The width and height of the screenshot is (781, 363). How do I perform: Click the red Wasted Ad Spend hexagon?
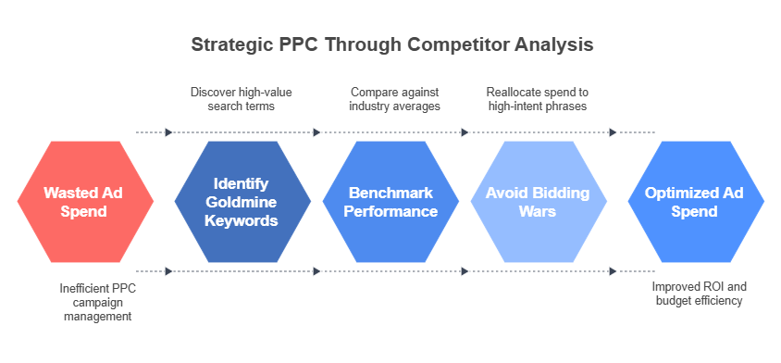(x=84, y=202)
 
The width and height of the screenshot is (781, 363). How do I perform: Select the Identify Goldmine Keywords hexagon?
(x=241, y=202)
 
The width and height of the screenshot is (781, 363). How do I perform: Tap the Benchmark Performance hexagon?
(x=392, y=202)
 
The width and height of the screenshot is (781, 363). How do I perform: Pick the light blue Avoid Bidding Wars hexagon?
(x=539, y=202)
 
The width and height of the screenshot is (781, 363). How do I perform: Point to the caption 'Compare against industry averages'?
(x=393, y=99)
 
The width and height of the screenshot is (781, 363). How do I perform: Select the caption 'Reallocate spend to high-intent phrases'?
(x=538, y=99)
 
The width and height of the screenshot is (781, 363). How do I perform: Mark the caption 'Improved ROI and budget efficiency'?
(x=697, y=294)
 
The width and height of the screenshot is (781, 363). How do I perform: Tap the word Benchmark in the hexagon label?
(x=392, y=193)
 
